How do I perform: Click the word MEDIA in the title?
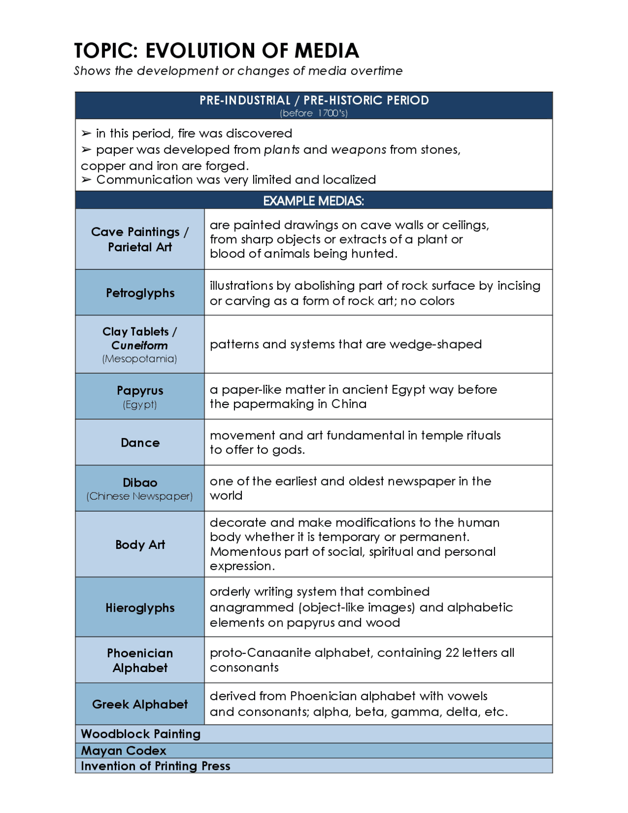click(327, 51)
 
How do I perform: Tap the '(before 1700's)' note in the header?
click(314, 113)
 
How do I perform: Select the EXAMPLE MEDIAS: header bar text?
click(314, 201)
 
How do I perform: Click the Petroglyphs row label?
click(140, 293)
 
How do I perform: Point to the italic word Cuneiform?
click(140, 346)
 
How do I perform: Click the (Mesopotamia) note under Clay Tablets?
click(140, 359)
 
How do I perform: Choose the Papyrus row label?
click(140, 391)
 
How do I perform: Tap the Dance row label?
click(140, 443)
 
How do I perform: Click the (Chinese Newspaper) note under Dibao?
click(140, 496)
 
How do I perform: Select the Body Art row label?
click(140, 545)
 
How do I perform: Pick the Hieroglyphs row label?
click(140, 608)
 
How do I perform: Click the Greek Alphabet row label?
click(140, 705)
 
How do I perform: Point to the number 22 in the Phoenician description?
click(452, 653)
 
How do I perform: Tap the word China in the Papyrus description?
click(349, 404)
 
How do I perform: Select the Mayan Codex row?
click(124, 751)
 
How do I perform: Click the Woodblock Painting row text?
click(141, 734)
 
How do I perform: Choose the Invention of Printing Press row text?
click(156, 766)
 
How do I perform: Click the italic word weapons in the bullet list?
click(359, 150)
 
